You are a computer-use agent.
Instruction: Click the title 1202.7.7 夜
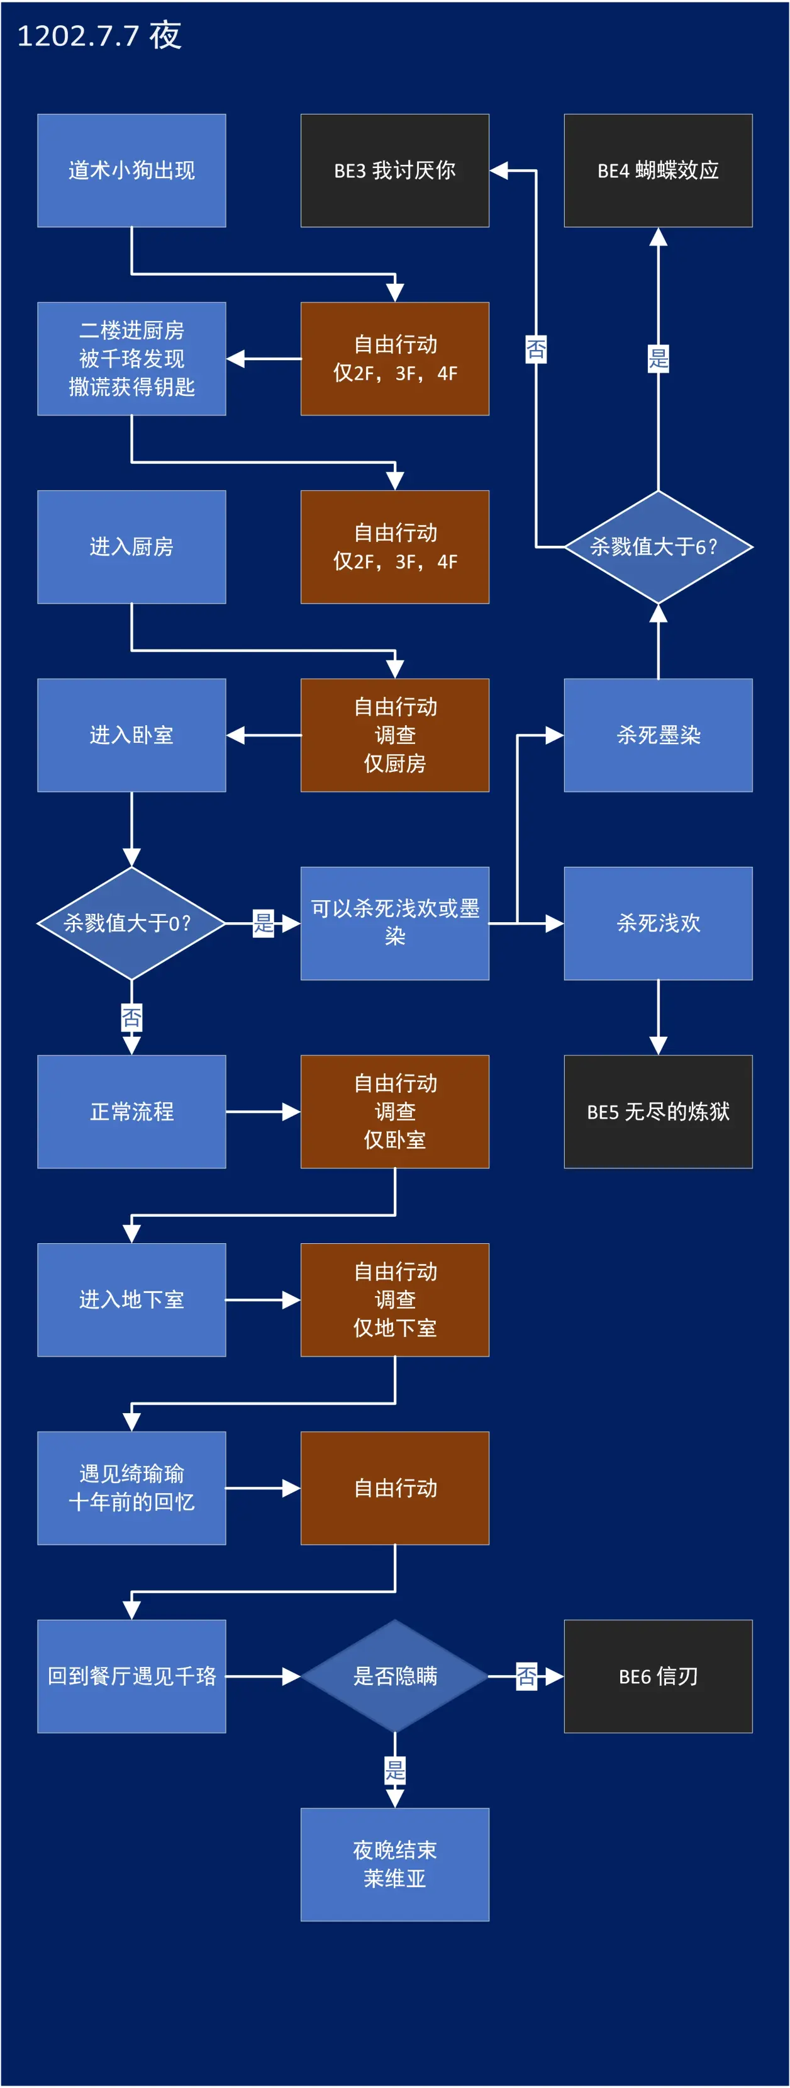(x=99, y=36)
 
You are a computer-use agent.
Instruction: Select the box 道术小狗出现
(x=131, y=170)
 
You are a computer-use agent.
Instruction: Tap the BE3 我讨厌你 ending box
(x=394, y=170)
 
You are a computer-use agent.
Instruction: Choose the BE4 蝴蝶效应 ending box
(x=658, y=170)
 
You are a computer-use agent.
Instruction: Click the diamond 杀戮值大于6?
(x=658, y=547)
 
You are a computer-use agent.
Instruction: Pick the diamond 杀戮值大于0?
(x=131, y=923)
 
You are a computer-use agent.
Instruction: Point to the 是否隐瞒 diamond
(x=394, y=1676)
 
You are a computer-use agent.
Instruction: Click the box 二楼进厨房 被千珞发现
(x=131, y=358)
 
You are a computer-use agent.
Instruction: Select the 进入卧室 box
(x=131, y=735)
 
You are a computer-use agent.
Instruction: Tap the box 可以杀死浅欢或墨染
(x=394, y=923)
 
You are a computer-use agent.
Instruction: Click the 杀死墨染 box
(x=658, y=735)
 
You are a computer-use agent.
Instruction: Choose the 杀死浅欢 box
(x=658, y=923)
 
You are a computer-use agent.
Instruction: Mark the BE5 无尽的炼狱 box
(x=658, y=1111)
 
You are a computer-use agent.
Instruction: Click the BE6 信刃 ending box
(x=658, y=1676)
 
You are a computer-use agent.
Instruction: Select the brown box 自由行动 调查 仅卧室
(x=394, y=1111)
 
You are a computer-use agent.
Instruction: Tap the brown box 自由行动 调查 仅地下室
(x=394, y=1299)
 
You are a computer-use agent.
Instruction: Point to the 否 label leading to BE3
(x=536, y=349)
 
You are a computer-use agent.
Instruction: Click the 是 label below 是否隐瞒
(x=394, y=1770)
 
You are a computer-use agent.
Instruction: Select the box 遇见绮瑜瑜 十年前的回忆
(x=131, y=1487)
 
